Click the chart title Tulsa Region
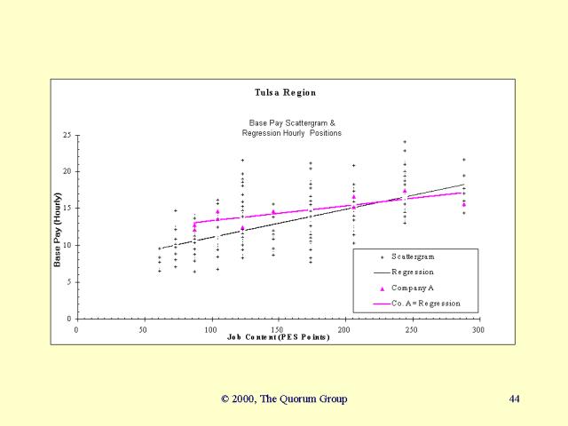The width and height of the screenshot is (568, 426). pyautogui.click(x=285, y=92)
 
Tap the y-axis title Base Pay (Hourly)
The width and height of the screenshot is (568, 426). pyautogui.click(x=57, y=230)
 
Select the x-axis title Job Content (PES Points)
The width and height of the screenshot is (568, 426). pyautogui.click(x=278, y=337)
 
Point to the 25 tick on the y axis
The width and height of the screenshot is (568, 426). pyautogui.click(x=67, y=135)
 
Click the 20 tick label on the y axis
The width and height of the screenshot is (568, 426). pyautogui.click(x=67, y=171)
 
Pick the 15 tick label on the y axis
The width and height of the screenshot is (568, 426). pyautogui.click(x=67, y=209)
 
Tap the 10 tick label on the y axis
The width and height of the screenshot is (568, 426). pyautogui.click(x=67, y=245)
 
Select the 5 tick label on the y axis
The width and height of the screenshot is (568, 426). pyautogui.click(x=68, y=282)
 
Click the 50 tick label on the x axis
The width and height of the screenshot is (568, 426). pyautogui.click(x=143, y=329)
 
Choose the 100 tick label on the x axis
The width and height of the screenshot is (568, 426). pyautogui.click(x=210, y=329)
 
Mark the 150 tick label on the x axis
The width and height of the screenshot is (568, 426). pyautogui.click(x=277, y=329)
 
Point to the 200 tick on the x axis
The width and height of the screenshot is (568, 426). pyautogui.click(x=344, y=329)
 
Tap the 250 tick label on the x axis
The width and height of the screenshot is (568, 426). pyautogui.click(x=411, y=329)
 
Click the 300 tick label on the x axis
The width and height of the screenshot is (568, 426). pyautogui.click(x=477, y=329)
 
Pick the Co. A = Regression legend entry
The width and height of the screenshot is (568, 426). pyautogui.click(x=425, y=304)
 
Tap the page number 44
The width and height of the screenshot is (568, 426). pyautogui.click(x=515, y=398)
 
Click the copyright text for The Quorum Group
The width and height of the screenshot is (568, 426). pyautogui.click(x=284, y=398)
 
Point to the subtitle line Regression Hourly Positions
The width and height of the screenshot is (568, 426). pyautogui.click(x=291, y=132)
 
